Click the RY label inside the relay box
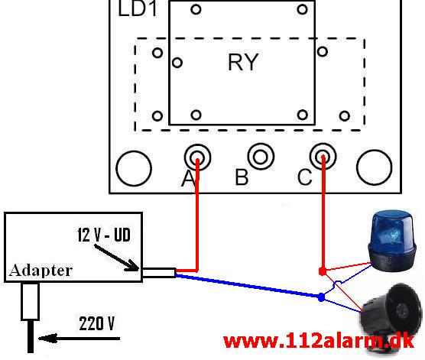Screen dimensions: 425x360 (243, 62)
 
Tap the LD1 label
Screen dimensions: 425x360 (138, 8)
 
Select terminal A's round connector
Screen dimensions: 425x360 (197, 157)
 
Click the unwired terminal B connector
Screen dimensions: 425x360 (261, 157)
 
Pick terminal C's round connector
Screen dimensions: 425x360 (323, 157)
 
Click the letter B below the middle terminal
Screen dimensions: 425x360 (242, 177)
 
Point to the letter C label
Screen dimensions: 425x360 (305, 177)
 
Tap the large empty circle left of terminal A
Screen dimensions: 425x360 (134, 168)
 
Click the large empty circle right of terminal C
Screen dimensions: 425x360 (374, 167)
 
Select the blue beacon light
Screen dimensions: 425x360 (392, 240)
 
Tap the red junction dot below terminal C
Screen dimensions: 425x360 (323, 271)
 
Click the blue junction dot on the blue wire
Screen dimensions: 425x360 (321, 297)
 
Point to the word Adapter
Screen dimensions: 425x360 (41, 271)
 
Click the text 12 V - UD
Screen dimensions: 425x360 (104, 235)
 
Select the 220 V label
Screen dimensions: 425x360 (97, 323)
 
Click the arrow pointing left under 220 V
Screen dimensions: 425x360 (79, 339)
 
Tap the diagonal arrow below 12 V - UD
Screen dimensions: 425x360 (116, 258)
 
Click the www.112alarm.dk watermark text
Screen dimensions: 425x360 (319, 342)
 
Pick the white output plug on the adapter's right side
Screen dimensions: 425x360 (159, 273)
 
